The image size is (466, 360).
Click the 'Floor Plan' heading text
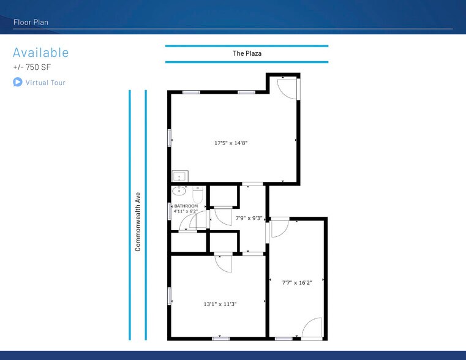31,22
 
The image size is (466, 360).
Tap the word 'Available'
40,53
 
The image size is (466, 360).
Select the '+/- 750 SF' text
32,67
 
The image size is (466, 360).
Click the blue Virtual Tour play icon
18,82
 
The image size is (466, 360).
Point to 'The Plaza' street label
247,53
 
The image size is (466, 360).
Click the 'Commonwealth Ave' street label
138,222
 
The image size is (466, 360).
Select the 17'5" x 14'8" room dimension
231,143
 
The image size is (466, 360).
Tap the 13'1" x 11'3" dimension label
220,304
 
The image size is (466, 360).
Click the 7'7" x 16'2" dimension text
297,282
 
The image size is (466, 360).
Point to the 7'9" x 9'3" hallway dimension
249,218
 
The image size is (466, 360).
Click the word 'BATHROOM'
186,206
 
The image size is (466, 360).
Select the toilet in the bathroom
198,195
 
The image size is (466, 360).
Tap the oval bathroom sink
179,190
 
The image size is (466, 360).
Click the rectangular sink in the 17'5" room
180,176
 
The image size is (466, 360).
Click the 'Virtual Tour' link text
45,83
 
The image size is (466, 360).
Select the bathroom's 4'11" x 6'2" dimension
186,211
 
